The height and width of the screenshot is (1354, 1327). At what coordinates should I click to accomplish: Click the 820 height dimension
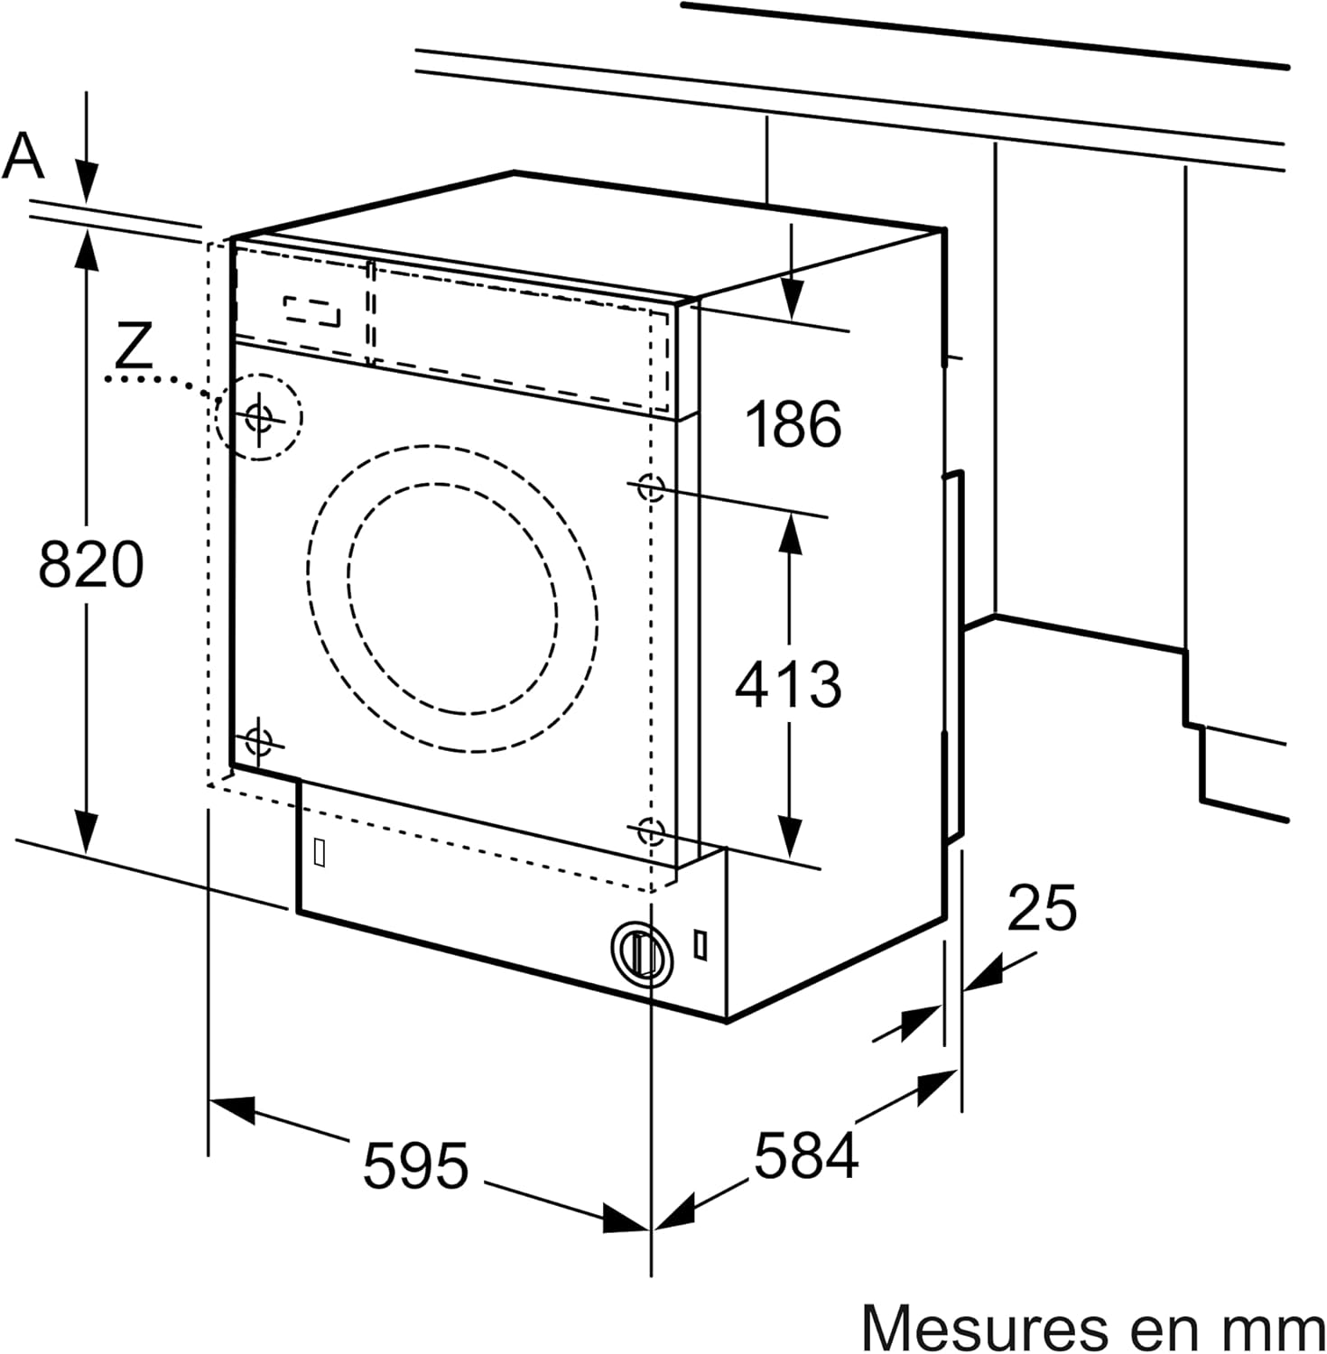point(91,565)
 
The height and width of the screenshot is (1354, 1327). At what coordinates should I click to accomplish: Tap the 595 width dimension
point(415,1164)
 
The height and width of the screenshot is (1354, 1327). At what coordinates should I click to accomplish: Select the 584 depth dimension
point(805,1155)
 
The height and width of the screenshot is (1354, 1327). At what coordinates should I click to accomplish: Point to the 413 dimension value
point(788,683)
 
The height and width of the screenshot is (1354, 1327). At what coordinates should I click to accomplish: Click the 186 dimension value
point(793,424)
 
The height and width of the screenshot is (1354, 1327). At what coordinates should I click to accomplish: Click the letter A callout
point(23,155)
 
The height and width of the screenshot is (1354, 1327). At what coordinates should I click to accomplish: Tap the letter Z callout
point(134,345)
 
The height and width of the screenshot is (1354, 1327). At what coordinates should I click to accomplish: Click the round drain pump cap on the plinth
point(642,952)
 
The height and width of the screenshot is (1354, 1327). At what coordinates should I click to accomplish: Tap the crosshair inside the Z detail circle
point(259,418)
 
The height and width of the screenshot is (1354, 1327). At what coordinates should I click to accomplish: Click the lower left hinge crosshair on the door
point(258,741)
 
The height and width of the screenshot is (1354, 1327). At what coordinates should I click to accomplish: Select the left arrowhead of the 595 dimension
point(230,1108)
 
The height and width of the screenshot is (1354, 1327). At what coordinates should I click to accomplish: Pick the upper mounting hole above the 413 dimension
point(650,487)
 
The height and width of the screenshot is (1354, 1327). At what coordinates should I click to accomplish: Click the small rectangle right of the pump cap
point(701,943)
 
